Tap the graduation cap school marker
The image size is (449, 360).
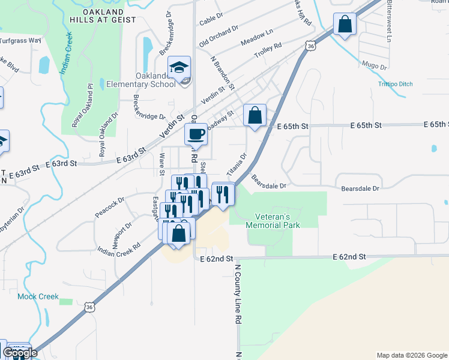click(179, 68)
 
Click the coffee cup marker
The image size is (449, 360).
click(196, 134)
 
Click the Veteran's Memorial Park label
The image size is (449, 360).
click(273, 220)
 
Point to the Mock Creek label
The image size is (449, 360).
click(38, 296)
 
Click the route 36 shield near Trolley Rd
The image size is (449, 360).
click(309, 46)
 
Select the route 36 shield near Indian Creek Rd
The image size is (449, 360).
click(89, 307)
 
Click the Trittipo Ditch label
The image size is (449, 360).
click(396, 84)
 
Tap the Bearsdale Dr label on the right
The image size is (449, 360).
click(360, 188)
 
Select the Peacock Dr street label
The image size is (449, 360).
click(109, 207)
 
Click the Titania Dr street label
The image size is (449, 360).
click(237, 164)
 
